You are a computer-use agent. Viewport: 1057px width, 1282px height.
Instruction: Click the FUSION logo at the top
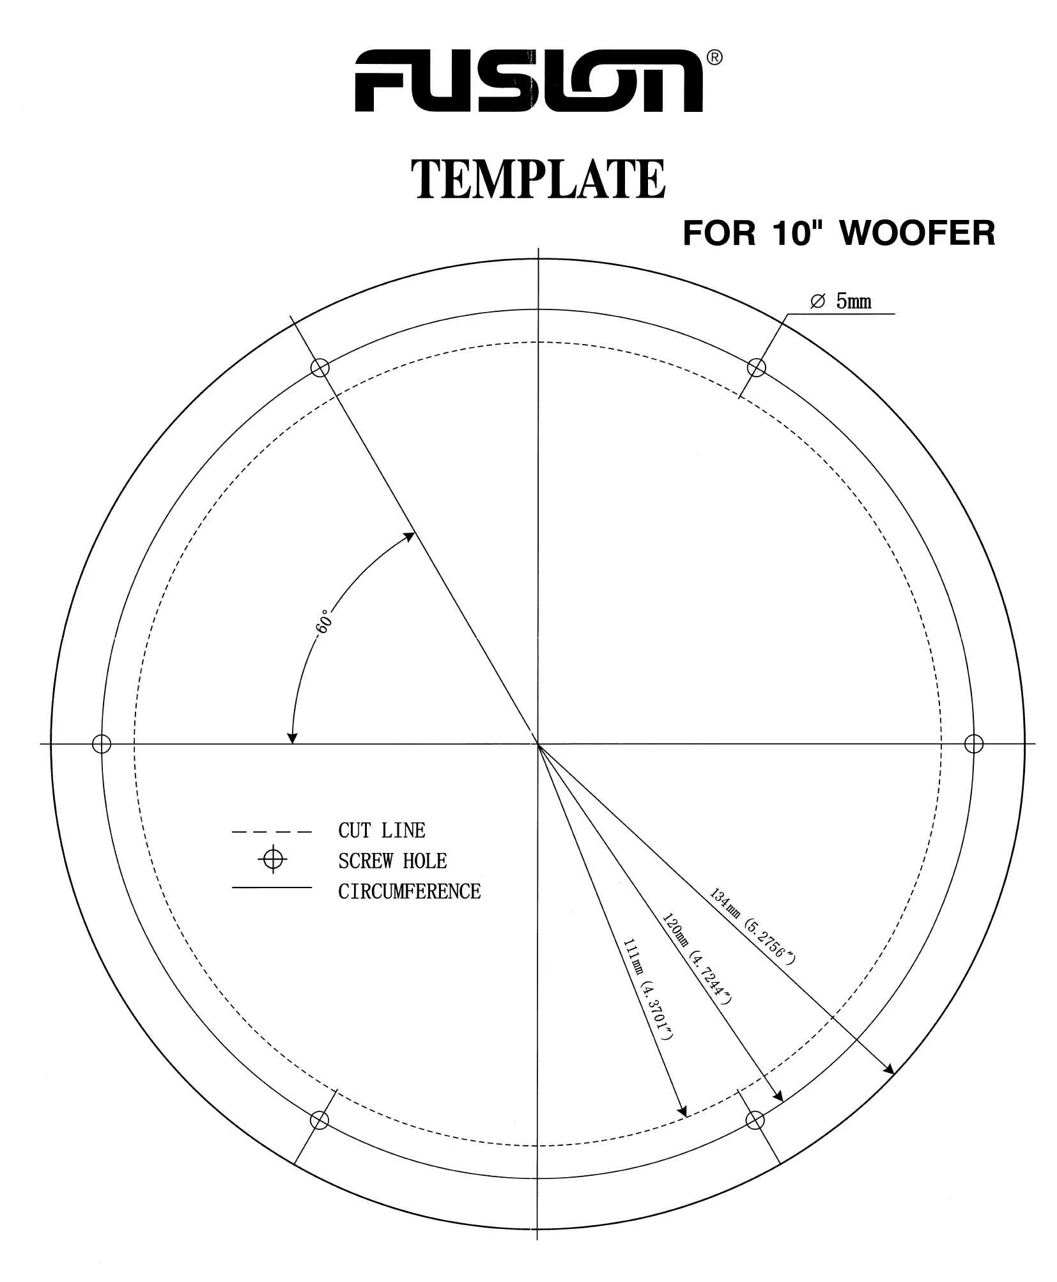(x=528, y=81)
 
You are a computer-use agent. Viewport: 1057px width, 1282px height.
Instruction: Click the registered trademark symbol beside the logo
(x=716, y=58)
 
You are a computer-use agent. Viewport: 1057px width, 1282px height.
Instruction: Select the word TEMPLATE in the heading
(x=537, y=180)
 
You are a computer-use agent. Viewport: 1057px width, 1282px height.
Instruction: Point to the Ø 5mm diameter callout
(x=840, y=301)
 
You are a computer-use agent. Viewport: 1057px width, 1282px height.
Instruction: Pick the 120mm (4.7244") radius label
(x=697, y=957)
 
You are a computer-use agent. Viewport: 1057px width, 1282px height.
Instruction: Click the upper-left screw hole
(x=320, y=368)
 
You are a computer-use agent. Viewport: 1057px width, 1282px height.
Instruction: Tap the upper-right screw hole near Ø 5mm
(x=756, y=368)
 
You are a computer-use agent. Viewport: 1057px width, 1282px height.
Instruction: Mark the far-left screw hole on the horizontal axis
(x=102, y=744)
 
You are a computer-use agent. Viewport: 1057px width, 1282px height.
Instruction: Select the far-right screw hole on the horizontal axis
(x=973, y=744)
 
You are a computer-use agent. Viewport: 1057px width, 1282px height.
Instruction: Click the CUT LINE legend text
(x=382, y=831)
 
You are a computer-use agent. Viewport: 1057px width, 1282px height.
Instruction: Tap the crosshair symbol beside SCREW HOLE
(x=273, y=861)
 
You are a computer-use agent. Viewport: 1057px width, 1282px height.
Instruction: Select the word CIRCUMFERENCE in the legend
(x=409, y=891)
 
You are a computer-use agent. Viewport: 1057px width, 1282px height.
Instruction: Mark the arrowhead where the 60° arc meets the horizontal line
(x=292, y=738)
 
